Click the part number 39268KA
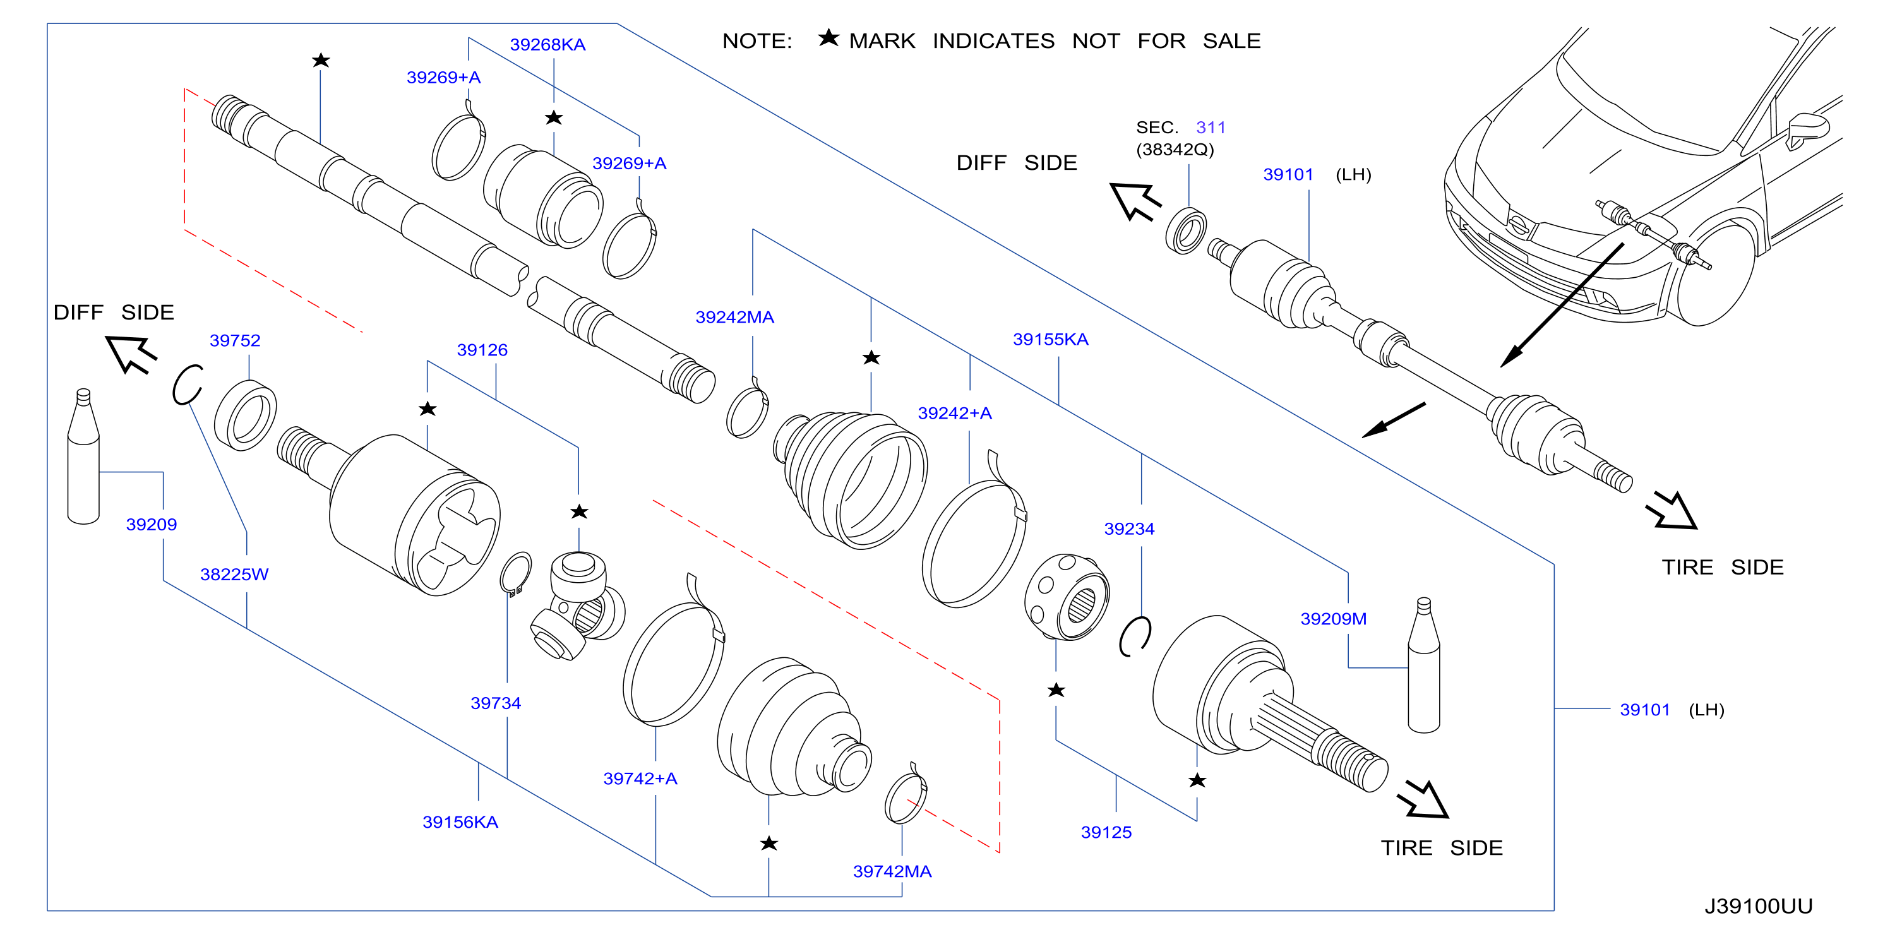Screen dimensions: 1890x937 tap(547, 45)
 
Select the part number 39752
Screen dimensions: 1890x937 tap(235, 340)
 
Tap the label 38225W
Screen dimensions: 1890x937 tap(234, 575)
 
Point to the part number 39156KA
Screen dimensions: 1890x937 tap(460, 822)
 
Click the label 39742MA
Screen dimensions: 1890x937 tap(892, 872)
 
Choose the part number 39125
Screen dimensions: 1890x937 tap(1106, 833)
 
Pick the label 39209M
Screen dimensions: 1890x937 tap(1333, 619)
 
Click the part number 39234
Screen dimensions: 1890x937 tap(1129, 529)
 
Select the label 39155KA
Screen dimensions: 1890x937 tap(1050, 340)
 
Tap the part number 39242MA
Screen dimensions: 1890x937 tap(734, 318)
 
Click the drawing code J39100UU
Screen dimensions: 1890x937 tap(1758, 906)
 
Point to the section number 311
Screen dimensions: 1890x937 tap(1211, 128)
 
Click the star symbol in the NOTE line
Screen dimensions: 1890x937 tap(828, 37)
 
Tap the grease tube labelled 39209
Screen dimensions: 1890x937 tap(83, 457)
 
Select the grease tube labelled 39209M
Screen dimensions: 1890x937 tap(1423, 665)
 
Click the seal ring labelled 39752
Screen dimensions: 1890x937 tap(245, 415)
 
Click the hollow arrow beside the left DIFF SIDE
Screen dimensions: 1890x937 tap(131, 354)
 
